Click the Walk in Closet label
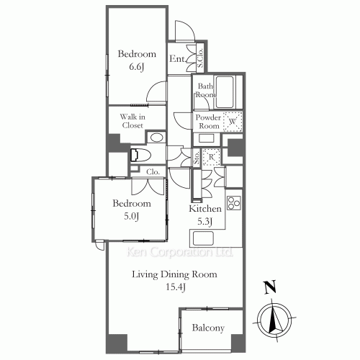point(132,121)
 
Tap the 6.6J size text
point(137,67)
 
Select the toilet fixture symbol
point(140,155)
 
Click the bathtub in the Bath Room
point(225,91)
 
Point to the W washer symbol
point(233,122)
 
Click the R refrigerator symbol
point(211,157)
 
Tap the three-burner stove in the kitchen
point(234,204)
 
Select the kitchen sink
point(203,238)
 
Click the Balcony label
point(208,328)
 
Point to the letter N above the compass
point(270,287)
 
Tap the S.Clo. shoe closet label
point(200,58)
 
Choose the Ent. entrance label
point(177,59)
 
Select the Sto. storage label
point(197,158)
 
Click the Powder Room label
point(208,122)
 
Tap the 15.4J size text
point(176,287)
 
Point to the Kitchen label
point(205,209)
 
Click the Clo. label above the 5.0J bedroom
point(153,172)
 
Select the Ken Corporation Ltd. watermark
point(179,252)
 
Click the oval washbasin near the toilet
point(156,138)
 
